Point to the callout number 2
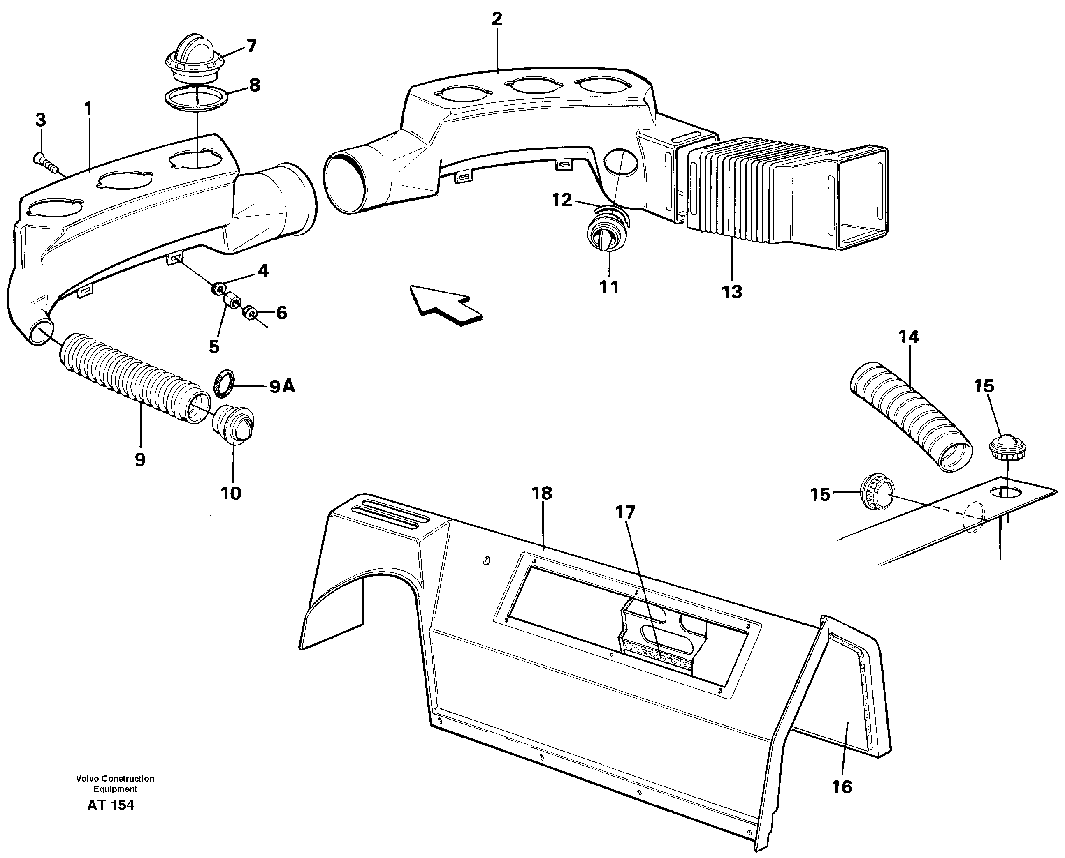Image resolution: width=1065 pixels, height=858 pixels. click(x=497, y=19)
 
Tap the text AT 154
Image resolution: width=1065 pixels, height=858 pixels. click(x=110, y=805)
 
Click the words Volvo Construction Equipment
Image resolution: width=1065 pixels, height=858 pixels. click(x=115, y=783)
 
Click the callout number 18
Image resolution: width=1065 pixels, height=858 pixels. click(x=542, y=493)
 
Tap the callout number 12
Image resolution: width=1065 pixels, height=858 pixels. click(x=562, y=200)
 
